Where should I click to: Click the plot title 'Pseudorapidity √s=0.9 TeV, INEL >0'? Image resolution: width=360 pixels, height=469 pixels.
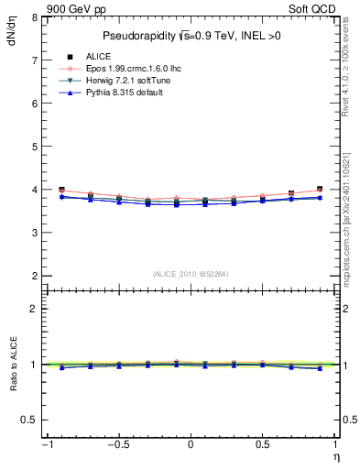pos(190,37)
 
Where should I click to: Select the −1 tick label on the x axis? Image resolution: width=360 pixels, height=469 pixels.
pos(46,444)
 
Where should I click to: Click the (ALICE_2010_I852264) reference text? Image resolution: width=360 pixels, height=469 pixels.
pos(190,273)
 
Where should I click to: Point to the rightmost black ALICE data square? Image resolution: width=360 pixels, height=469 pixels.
pos(320,189)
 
